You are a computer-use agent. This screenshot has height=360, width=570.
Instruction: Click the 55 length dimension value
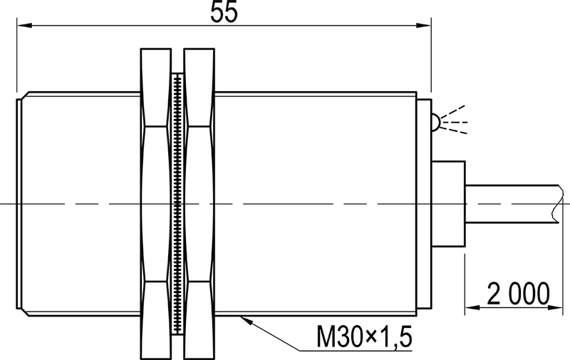224,12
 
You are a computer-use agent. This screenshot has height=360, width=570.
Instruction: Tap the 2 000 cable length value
519,293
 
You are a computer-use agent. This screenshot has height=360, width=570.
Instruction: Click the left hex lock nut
156,203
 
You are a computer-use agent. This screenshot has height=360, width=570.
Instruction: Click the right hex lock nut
199,203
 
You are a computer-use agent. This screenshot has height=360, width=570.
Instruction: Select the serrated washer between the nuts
177,203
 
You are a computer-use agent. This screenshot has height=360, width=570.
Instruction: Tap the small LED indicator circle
433,123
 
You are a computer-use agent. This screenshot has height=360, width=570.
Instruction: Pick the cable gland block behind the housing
448,203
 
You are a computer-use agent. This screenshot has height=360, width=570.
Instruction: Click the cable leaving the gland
506,203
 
